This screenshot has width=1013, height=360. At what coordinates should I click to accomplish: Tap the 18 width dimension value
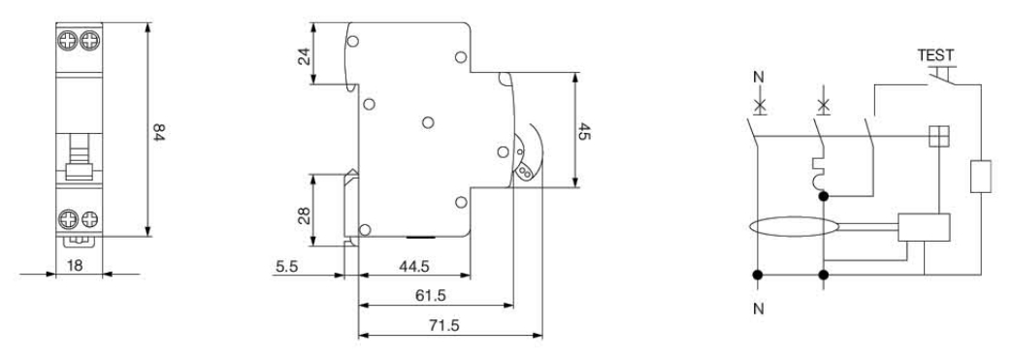[x=75, y=266]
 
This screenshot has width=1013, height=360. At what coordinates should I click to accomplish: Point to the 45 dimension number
[x=583, y=132]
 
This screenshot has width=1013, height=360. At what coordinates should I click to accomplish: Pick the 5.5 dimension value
[x=287, y=266]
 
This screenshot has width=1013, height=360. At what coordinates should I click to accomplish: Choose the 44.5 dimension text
[x=414, y=266]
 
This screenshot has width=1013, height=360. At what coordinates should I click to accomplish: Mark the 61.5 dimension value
[x=431, y=296]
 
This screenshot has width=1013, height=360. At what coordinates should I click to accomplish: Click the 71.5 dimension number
[x=444, y=326]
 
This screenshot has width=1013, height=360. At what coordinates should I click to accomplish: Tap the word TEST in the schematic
[x=935, y=55]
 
